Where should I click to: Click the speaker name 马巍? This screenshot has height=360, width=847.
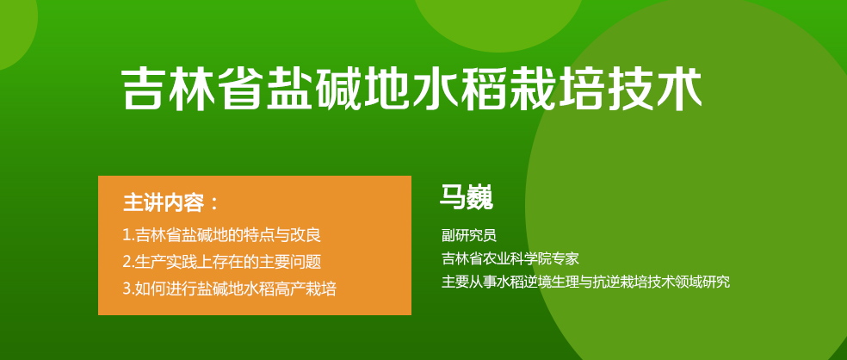click(467, 197)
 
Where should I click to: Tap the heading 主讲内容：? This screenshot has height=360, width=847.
click(171, 203)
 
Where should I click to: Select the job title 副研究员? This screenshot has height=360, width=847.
click(469, 235)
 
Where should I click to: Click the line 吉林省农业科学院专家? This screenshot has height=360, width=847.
click(510, 258)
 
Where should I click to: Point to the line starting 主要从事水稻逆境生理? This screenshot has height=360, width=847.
click(585, 282)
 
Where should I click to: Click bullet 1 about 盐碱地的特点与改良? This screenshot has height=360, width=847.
click(222, 235)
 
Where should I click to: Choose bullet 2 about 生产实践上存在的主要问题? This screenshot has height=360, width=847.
click(222, 262)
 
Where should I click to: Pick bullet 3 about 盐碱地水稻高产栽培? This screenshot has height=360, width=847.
click(230, 289)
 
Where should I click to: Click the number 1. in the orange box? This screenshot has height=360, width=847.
click(128, 236)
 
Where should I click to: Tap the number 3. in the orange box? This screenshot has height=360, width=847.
click(128, 289)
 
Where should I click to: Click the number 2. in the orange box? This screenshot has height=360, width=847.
click(128, 263)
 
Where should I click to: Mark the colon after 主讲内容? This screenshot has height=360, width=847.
click(214, 204)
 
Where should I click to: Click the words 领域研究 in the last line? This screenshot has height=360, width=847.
click(702, 282)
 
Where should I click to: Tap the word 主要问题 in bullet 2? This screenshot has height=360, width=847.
click(294, 262)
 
